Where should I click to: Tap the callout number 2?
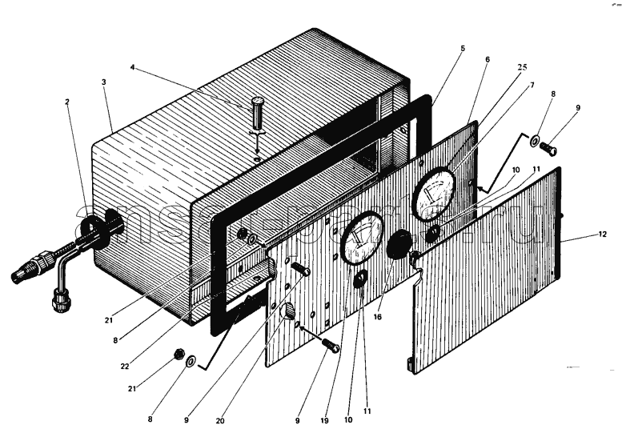pos(67,102)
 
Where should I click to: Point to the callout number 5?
pos(463,48)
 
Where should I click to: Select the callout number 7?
pos(532,85)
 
